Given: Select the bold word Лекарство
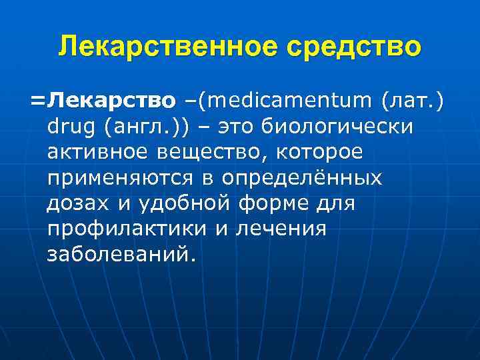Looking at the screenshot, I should [x=114, y=101].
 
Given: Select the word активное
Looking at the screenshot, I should [x=97, y=153].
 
